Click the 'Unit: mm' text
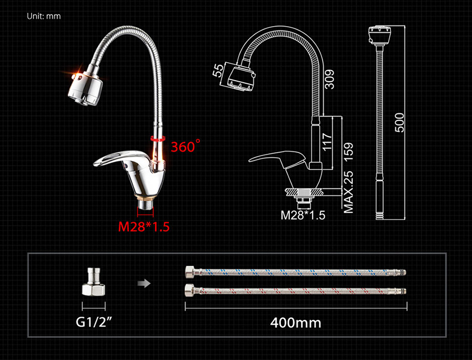(x=44, y=16)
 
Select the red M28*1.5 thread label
(x=144, y=227)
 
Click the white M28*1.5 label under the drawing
(x=303, y=215)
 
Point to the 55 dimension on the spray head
(x=218, y=70)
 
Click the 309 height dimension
(x=330, y=79)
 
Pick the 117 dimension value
(x=327, y=142)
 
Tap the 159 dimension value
(x=348, y=152)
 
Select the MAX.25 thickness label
(x=348, y=192)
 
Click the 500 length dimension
(x=399, y=123)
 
